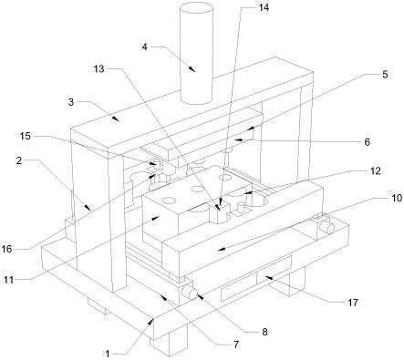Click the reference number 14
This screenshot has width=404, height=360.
(264, 7)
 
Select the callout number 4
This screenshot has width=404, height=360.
(145, 47)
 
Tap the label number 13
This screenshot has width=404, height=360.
(99, 69)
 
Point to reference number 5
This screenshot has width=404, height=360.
(385, 75)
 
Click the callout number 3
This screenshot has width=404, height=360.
(71, 102)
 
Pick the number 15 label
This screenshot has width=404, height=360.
(26, 136)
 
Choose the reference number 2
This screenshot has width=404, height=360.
(19, 160)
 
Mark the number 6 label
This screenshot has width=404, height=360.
(367, 141)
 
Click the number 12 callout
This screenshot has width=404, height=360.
(376, 171)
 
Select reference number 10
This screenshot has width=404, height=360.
(397, 198)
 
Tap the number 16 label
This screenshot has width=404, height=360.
(6, 249)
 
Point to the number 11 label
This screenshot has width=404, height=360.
(9, 280)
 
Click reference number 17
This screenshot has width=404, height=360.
(353, 303)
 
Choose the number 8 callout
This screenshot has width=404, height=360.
(264, 332)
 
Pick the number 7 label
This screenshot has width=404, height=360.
(236, 345)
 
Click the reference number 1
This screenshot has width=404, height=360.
(107, 354)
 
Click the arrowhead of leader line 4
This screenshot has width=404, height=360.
(192, 68)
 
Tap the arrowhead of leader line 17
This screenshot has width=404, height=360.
(267, 277)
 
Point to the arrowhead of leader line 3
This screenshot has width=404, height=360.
(115, 118)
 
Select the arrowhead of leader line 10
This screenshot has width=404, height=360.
(222, 249)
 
